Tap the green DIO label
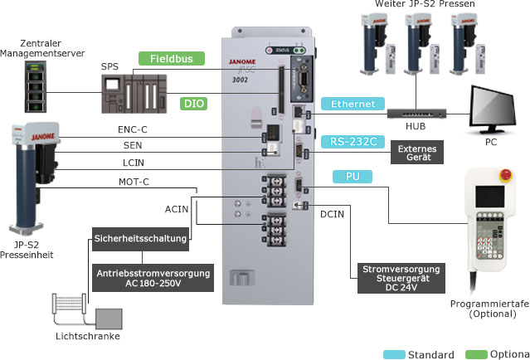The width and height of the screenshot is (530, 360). pyautogui.click(x=193, y=104)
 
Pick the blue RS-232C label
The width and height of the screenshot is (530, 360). pyautogui.click(x=350, y=141)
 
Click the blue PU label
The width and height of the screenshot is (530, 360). pyautogui.click(x=350, y=177)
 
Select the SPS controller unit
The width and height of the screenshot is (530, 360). pyautogui.click(x=133, y=91)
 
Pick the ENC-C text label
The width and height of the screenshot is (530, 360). pyautogui.click(x=134, y=129)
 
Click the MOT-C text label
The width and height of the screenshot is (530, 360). pyautogui.click(x=134, y=182)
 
